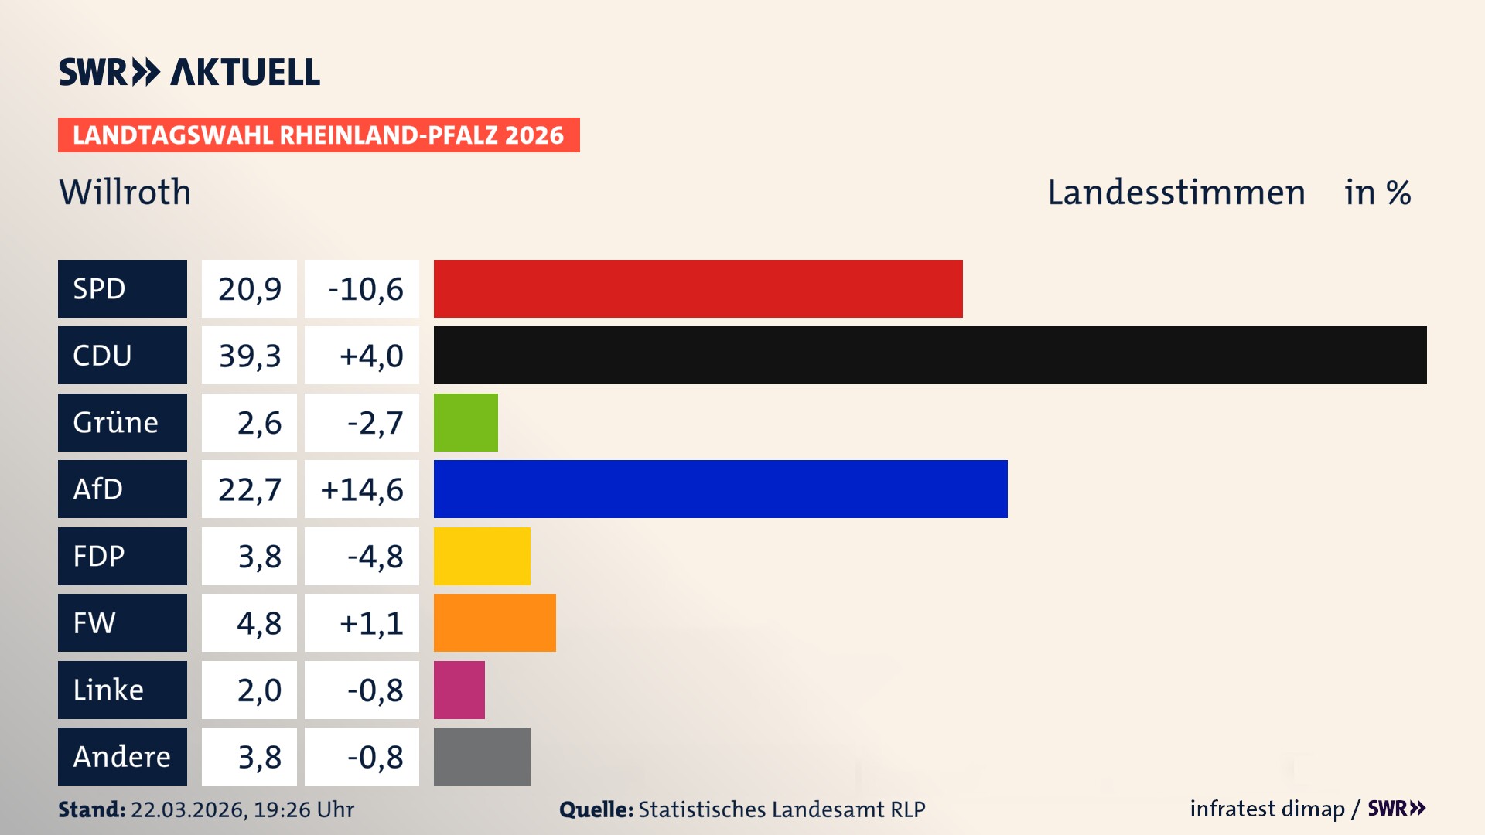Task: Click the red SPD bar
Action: (x=698, y=288)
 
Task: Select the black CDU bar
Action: (x=930, y=355)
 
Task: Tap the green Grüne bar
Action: (x=466, y=422)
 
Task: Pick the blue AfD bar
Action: (x=720, y=489)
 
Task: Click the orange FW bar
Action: (x=494, y=622)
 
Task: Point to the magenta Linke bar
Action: (x=459, y=690)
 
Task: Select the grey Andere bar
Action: (x=482, y=756)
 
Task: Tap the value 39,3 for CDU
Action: (x=249, y=356)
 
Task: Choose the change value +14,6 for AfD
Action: (x=362, y=489)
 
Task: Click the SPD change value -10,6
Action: (x=365, y=289)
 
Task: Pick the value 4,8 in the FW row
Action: (x=258, y=623)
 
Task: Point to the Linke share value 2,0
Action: (x=258, y=690)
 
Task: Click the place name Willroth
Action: (x=125, y=192)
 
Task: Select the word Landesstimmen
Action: (x=1176, y=192)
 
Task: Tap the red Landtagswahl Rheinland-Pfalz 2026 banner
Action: (x=318, y=135)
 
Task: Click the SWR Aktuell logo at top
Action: (x=189, y=72)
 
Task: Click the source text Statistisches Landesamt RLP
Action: (x=781, y=809)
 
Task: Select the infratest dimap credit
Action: (x=1267, y=809)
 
